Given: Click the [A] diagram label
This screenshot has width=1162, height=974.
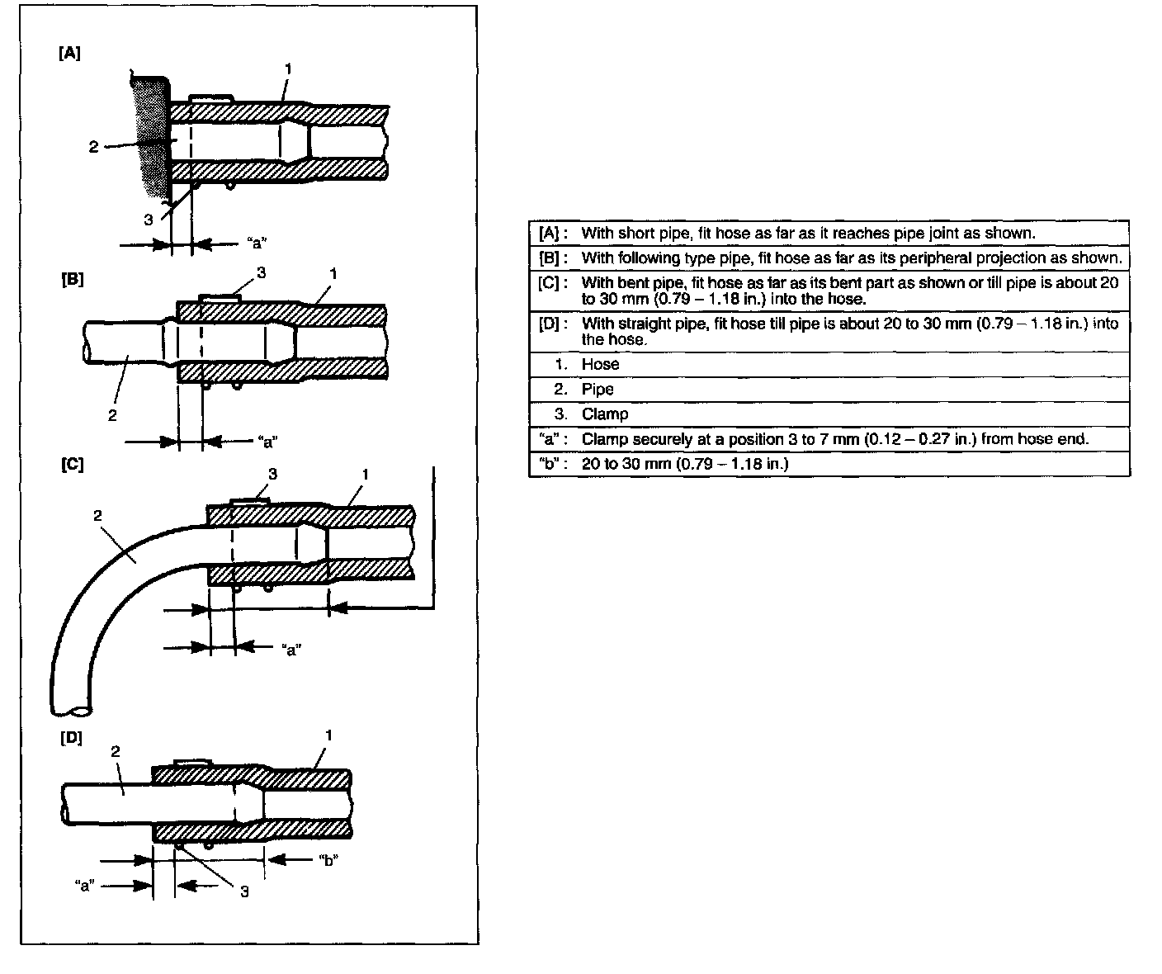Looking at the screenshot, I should tap(70, 54).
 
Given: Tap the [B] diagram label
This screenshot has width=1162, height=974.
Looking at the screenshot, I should tap(73, 279).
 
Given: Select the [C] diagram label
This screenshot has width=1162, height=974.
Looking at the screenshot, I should tap(73, 464).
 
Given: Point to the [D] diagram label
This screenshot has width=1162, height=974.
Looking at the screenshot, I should tap(72, 737).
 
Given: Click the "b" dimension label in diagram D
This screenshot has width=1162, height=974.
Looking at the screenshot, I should tap(328, 860).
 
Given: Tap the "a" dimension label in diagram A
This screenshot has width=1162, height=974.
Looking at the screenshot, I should tap(257, 243).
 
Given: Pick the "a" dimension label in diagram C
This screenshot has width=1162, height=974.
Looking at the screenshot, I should tap(291, 648).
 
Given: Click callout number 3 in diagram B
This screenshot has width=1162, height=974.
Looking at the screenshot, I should tap(262, 272).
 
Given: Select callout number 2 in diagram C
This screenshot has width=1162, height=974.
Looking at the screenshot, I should tap(97, 516).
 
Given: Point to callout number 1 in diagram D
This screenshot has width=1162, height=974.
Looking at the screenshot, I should tap(328, 734).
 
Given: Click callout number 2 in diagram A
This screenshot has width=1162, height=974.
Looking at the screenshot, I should tap(94, 147).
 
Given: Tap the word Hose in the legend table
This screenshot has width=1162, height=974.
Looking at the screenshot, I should tap(600, 364).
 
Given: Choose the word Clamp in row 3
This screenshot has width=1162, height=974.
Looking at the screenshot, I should tap(604, 414).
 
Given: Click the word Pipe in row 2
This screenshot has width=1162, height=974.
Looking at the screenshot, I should tap(598, 389).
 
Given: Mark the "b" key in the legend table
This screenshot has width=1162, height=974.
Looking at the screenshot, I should tap(549, 463).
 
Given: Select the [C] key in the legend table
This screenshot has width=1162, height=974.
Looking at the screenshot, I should tap(550, 282).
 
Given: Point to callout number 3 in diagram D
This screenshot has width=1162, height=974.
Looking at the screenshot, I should tap(245, 891).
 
